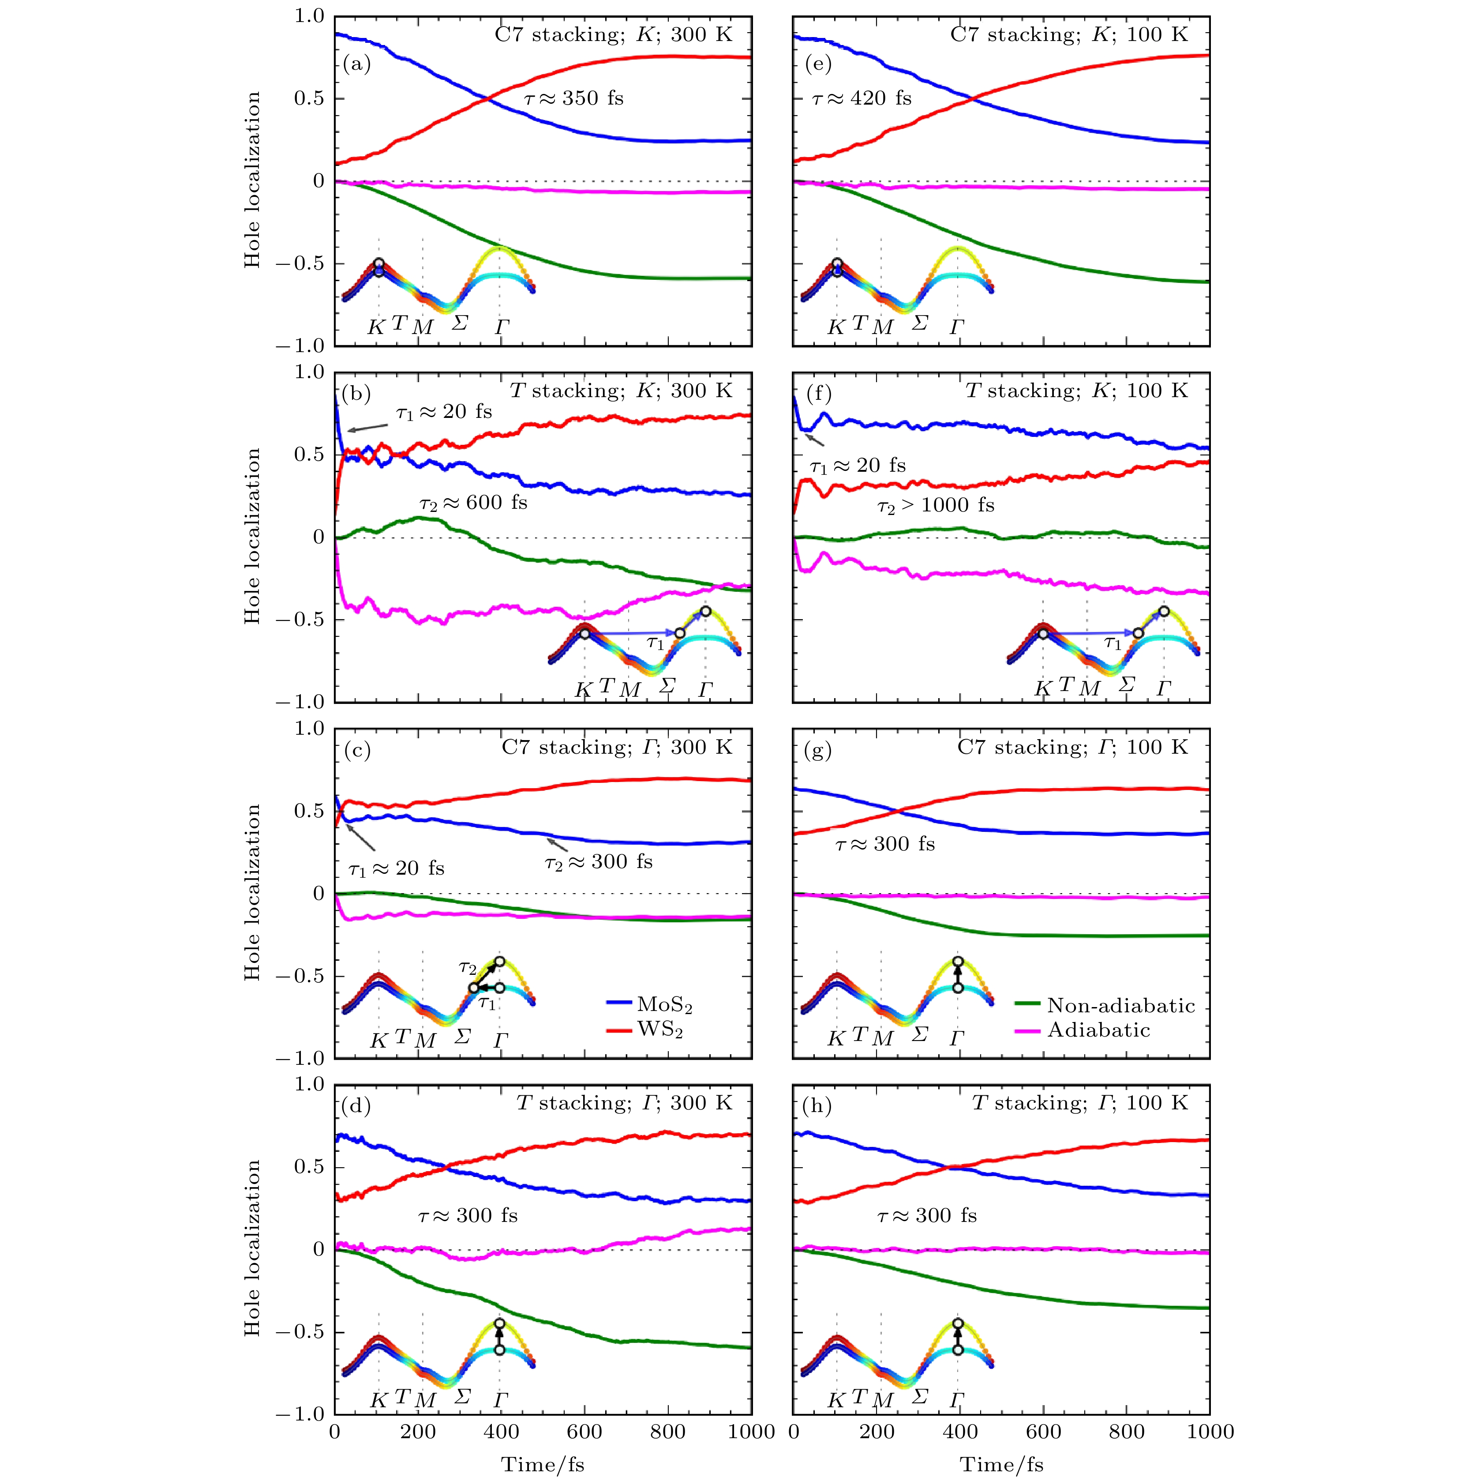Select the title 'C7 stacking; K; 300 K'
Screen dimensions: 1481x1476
(x=613, y=34)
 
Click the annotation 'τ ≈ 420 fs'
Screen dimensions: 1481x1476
(x=862, y=98)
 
